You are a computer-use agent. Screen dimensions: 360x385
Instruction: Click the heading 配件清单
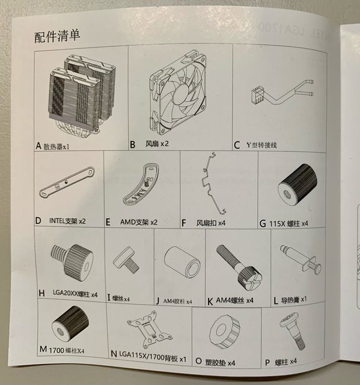(57, 36)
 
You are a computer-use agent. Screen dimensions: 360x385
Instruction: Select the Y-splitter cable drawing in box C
(282, 92)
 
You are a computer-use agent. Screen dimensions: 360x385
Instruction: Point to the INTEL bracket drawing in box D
(67, 181)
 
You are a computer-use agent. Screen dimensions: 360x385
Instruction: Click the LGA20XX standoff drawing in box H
(72, 262)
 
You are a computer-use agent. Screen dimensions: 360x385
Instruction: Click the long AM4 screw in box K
(239, 267)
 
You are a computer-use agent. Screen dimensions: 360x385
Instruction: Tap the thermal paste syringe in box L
(301, 259)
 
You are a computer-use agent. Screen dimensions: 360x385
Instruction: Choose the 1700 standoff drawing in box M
(70, 324)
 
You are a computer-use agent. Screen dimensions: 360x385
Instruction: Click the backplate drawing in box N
(150, 328)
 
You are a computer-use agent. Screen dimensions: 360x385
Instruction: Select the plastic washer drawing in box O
(225, 331)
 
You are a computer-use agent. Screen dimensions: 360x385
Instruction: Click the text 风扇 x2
(157, 144)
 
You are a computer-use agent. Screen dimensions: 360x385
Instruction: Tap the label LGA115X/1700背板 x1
(153, 359)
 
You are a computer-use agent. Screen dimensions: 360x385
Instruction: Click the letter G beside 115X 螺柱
(263, 224)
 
